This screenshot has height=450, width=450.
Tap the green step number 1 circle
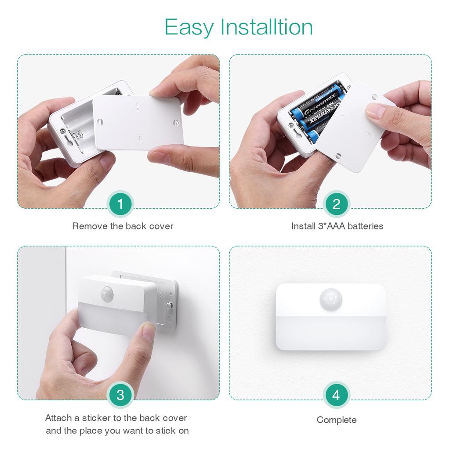(x=120, y=204)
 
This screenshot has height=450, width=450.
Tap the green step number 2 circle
(x=336, y=204)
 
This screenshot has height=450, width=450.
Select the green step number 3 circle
(x=120, y=395)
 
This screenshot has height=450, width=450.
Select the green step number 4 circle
(x=336, y=395)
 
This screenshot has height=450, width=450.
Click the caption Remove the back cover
(x=123, y=226)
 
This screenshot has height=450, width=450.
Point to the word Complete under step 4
(x=337, y=420)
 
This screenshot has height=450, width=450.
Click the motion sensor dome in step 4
(x=330, y=299)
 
